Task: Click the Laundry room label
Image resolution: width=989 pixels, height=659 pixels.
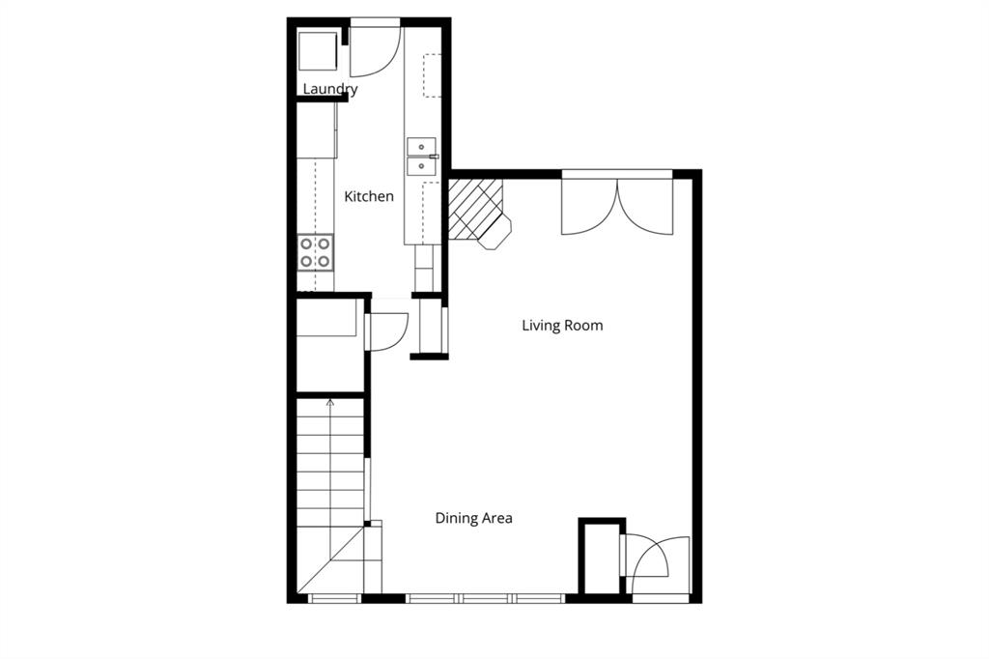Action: point(330,89)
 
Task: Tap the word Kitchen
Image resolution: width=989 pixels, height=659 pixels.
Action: point(369,196)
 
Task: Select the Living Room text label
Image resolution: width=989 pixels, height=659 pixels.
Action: point(562,325)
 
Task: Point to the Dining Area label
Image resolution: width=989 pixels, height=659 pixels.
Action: point(473,518)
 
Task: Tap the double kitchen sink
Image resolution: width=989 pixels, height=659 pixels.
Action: point(422,157)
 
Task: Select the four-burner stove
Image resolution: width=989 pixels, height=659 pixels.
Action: point(315,252)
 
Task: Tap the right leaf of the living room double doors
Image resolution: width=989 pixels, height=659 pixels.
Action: point(645,205)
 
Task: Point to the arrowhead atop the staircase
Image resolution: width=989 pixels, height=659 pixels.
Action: point(330,401)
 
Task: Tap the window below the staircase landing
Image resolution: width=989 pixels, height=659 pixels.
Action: point(334,598)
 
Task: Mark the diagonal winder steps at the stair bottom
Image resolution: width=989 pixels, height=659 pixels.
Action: point(332,565)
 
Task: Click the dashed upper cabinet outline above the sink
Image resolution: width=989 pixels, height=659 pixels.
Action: point(432,75)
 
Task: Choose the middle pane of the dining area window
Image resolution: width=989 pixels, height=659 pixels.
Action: point(486,598)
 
